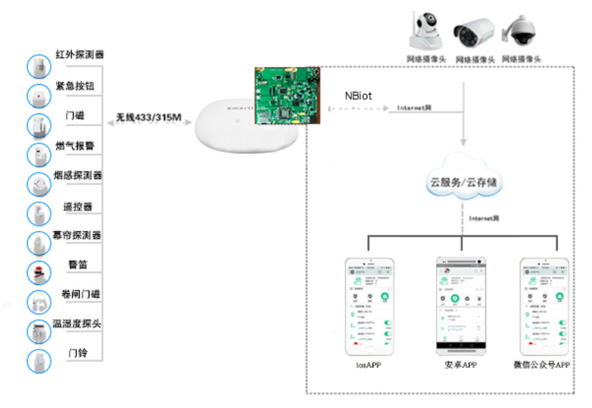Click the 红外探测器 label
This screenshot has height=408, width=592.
[x=80, y=55]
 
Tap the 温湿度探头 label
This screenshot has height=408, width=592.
[x=77, y=323]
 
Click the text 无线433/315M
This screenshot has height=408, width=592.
[x=149, y=118]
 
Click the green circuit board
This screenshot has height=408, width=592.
[x=287, y=96]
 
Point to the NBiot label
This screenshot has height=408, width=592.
[x=358, y=96]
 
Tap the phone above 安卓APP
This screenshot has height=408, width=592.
[x=461, y=305]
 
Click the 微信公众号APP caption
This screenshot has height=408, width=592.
[x=542, y=365]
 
